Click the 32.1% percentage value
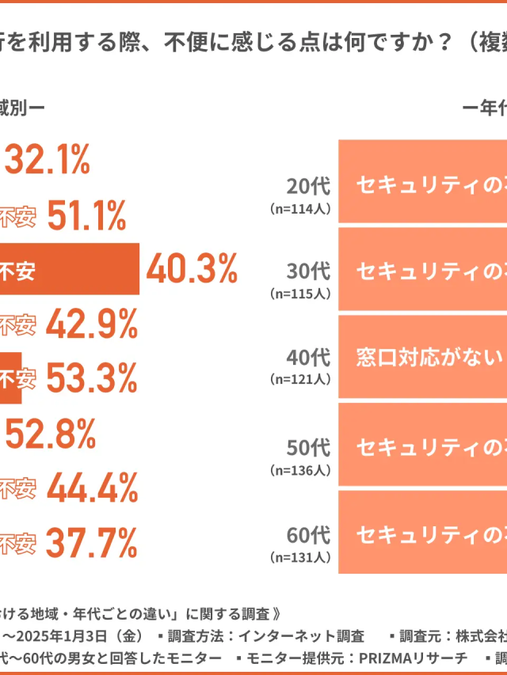(48, 161)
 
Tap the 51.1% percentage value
(87, 216)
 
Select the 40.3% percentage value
(192, 271)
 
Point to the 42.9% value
(92, 324)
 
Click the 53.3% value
(92, 379)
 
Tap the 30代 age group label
(308, 271)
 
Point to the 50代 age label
(308, 447)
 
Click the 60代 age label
(308, 534)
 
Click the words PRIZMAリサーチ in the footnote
(411, 657)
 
